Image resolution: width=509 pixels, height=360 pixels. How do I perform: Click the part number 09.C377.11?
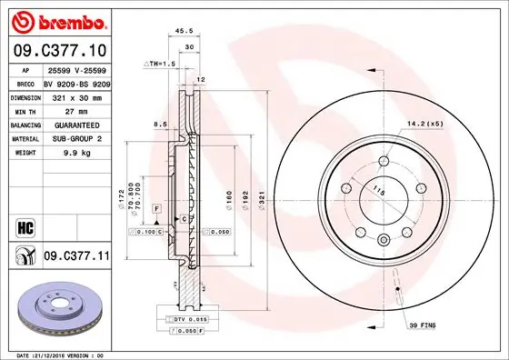pyautogui.click(x=76, y=257)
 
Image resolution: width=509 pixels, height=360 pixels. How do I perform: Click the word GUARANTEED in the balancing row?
pyautogui.click(x=71, y=125)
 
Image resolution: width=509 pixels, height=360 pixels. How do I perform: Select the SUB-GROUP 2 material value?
pyautogui.click(x=71, y=139)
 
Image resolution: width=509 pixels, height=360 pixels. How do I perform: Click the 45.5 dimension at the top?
pyautogui.click(x=185, y=31)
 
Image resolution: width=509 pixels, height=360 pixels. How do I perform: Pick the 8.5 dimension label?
pyautogui.click(x=161, y=124)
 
